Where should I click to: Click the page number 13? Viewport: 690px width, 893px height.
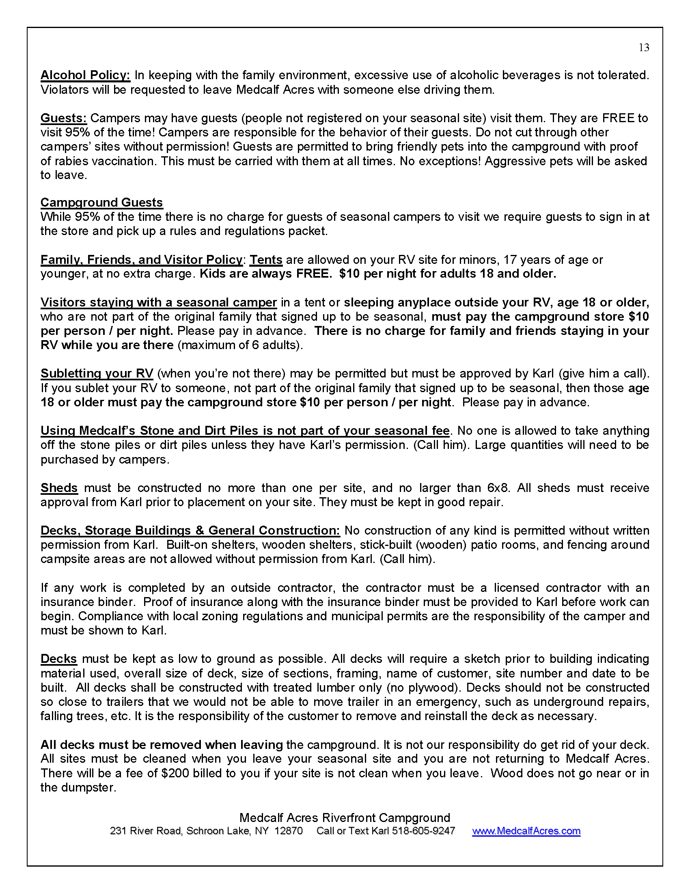644,48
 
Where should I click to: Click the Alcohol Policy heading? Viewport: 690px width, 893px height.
85,75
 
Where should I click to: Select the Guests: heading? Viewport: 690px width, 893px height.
63,118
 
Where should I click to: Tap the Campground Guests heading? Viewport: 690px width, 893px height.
101,203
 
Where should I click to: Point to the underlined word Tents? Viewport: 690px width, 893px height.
266,260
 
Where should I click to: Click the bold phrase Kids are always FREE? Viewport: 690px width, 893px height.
265,274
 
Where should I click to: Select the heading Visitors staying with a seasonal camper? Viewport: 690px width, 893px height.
158,302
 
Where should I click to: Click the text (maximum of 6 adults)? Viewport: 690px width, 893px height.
240,345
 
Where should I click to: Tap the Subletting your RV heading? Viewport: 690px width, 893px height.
97,373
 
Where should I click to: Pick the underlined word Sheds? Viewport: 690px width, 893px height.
59,488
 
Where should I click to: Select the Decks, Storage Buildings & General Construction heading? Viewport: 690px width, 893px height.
190,531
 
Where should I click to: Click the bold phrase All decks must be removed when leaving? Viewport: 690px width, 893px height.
162,744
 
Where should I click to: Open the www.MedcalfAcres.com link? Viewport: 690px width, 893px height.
526,831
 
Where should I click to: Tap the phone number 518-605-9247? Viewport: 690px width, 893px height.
423,831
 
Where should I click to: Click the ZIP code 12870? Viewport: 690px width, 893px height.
289,831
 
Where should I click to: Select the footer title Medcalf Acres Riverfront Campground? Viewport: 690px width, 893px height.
345,818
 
